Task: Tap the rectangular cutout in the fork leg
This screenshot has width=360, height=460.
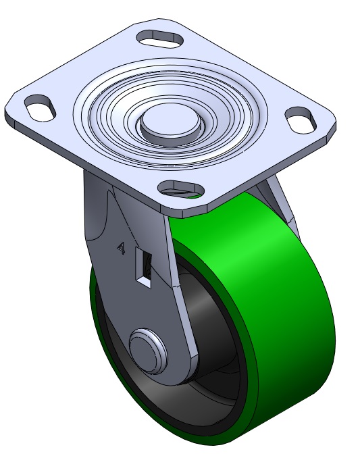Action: point(144,267)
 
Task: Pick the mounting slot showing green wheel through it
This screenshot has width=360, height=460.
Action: point(181,190)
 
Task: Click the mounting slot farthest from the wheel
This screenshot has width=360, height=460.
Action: point(160,39)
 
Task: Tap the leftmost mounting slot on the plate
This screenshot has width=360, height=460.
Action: point(40,107)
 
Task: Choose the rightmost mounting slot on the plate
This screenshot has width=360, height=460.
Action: point(301,120)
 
